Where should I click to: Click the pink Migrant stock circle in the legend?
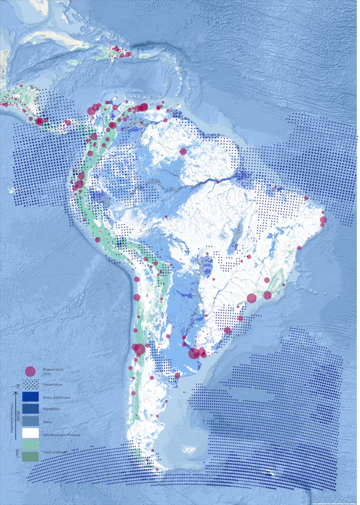point(30,371)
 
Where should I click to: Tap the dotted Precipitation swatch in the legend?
point(30,384)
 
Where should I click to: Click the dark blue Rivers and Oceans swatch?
point(30,397)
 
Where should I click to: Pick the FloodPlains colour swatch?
point(30,409)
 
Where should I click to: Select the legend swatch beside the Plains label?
point(30,421)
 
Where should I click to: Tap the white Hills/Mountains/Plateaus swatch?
point(30,433)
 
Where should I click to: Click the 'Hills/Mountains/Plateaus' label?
point(61,435)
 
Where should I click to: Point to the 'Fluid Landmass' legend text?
point(54,451)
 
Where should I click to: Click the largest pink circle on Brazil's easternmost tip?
point(323,219)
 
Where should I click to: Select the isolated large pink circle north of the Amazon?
point(183,151)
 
